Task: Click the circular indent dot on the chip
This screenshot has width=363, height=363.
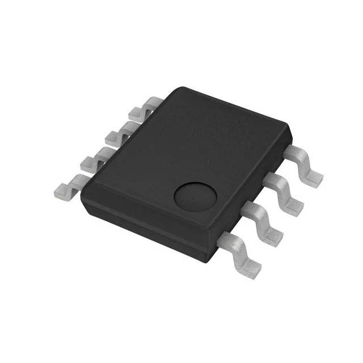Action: (195, 197)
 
